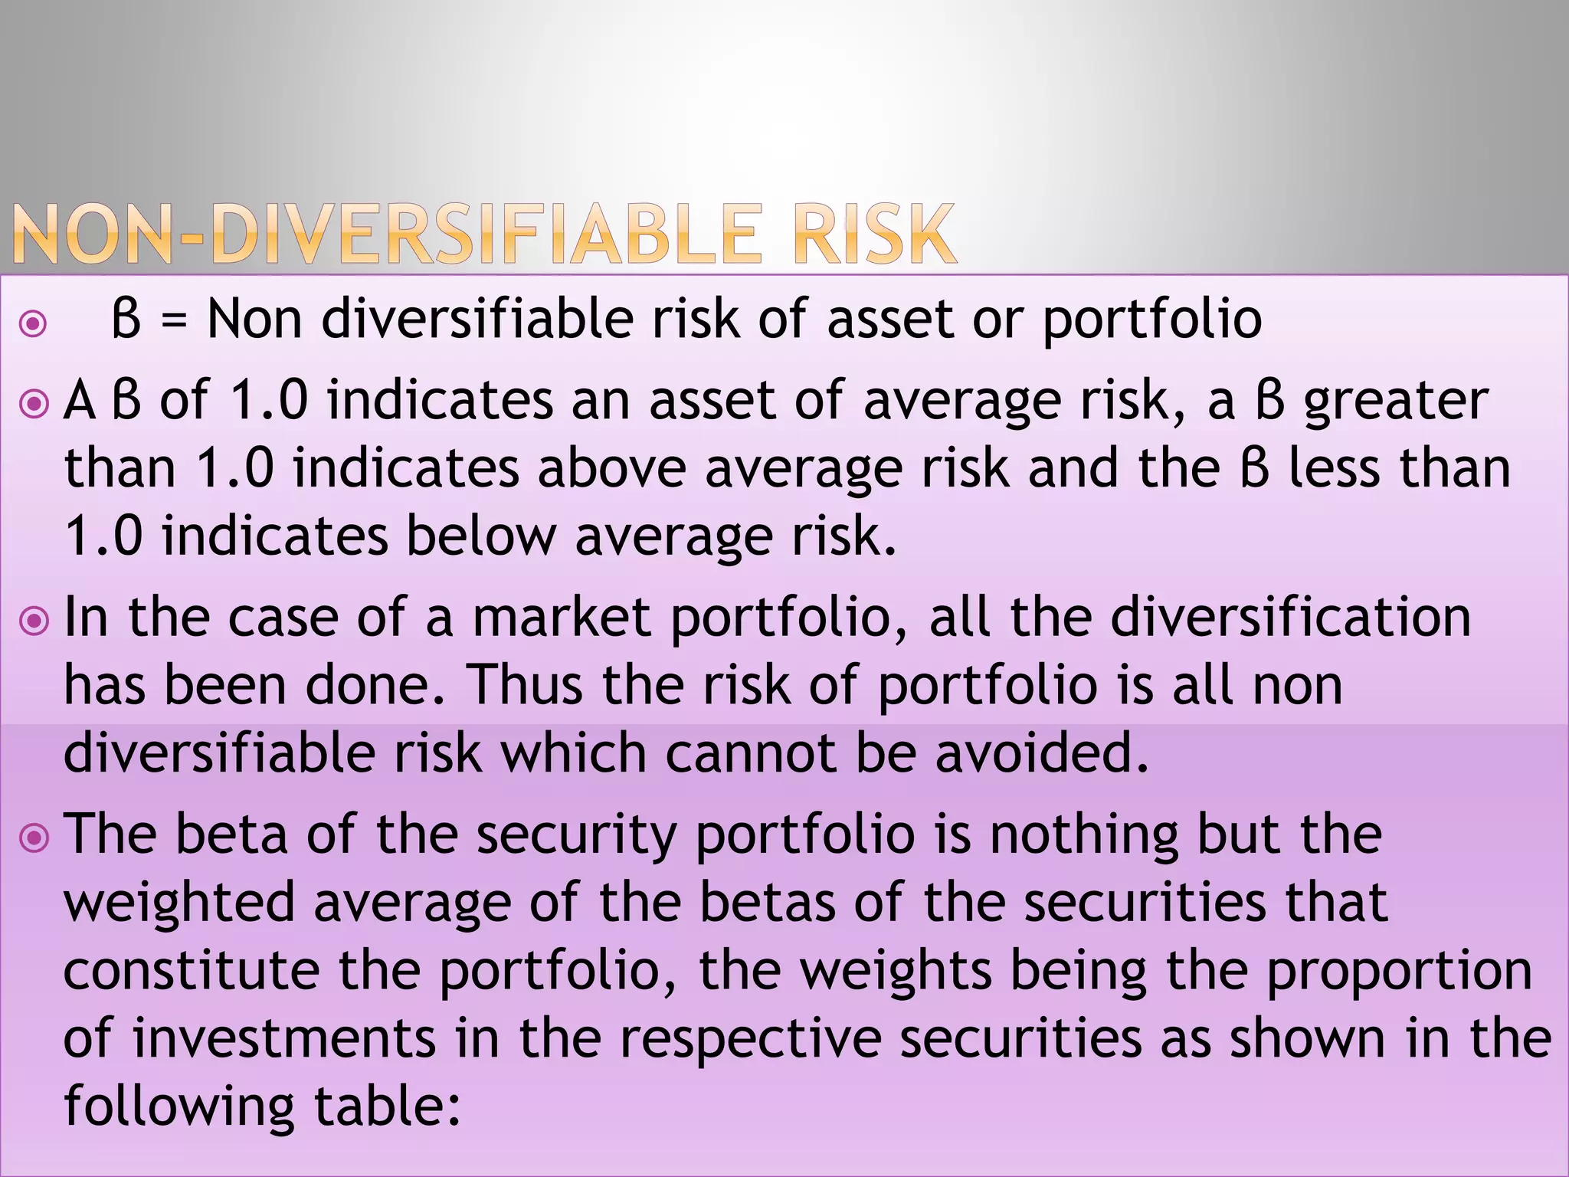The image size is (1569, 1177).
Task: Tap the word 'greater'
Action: [x=1396, y=402]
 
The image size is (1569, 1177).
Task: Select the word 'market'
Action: [x=562, y=618]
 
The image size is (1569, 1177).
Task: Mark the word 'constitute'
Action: [x=192, y=970]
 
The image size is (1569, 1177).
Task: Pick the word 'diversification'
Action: [x=1290, y=618]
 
